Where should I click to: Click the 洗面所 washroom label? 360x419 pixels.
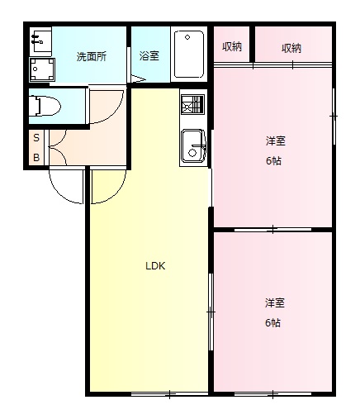91,57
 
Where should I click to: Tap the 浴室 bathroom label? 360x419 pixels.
149,57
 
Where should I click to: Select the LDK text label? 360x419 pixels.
156,266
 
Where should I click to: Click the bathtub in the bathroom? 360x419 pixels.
190,55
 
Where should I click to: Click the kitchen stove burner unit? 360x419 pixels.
192,106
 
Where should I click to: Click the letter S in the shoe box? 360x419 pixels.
36,140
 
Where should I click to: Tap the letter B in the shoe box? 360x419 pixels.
36,157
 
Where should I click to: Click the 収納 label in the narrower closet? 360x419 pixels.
232,46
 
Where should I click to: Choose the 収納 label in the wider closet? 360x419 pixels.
291,48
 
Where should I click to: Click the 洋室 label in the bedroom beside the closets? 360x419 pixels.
274,141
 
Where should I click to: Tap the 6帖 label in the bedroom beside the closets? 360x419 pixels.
273,161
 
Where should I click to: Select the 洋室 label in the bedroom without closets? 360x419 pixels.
274,302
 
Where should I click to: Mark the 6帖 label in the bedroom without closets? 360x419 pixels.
273,322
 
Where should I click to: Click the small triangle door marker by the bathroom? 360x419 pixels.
137,78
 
